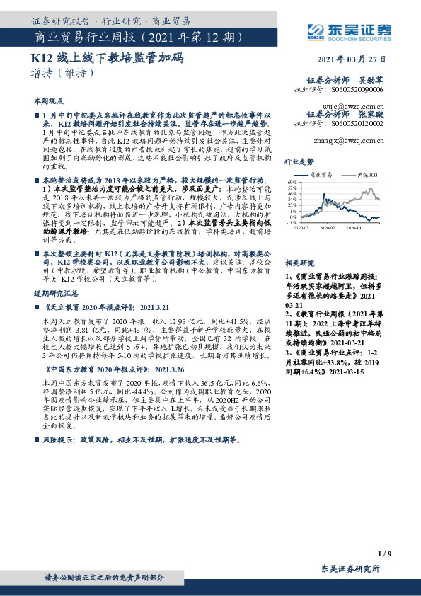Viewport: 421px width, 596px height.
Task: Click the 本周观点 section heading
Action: coord(48,101)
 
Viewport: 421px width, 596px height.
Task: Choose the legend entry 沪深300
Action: coord(360,174)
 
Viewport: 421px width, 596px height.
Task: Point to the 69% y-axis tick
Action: coord(291,181)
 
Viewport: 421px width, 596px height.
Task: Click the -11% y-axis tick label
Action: coord(291,222)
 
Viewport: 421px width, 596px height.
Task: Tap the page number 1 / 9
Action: coord(384,553)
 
